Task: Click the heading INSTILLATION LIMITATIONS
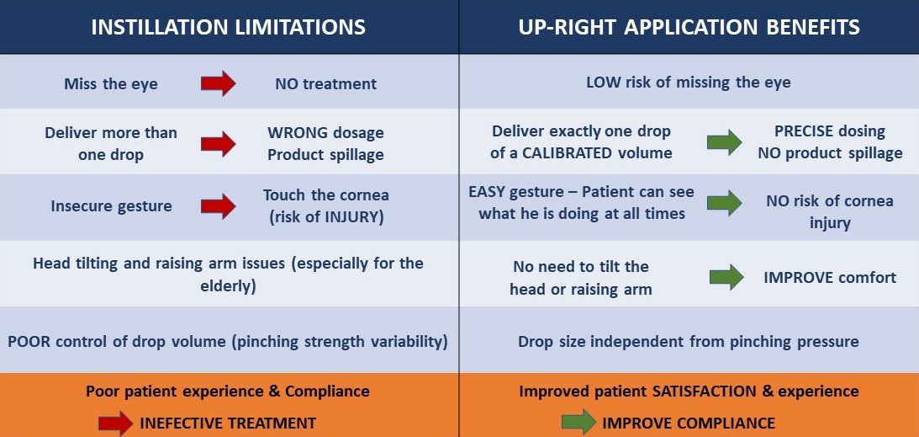228,27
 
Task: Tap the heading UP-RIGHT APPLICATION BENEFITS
689,27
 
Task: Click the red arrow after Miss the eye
218,83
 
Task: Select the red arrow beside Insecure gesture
218,206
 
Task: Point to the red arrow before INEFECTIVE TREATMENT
115,423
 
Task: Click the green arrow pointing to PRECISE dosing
725,142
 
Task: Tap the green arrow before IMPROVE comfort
726,277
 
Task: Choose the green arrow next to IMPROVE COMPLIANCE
579,423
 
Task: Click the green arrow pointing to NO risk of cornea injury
725,202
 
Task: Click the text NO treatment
326,84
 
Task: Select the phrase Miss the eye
111,84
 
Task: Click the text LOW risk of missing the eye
689,83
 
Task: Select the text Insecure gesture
111,206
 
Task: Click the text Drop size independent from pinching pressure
689,341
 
